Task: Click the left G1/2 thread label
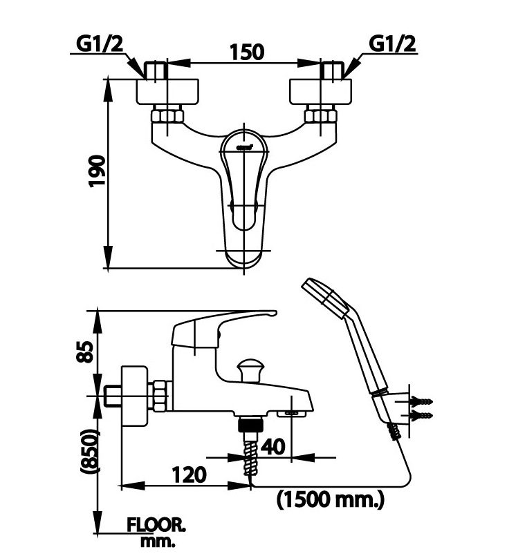[x=98, y=44]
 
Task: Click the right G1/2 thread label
[x=393, y=44]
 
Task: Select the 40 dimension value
[x=273, y=447]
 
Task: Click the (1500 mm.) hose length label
[x=330, y=497]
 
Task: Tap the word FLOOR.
[x=156, y=524]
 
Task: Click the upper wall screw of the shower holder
[x=421, y=401]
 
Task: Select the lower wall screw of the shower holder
[x=421, y=415]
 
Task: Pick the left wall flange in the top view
[x=168, y=91]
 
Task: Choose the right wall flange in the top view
[x=322, y=91]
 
